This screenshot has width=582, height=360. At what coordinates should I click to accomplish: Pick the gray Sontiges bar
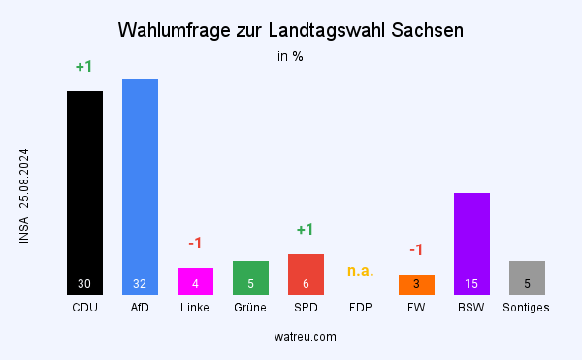pos(527,277)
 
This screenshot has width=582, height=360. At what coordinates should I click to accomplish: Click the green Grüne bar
pos(250,277)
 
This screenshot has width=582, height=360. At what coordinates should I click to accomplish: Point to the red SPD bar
pos(306,274)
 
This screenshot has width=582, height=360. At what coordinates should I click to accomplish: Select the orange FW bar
pos(416,283)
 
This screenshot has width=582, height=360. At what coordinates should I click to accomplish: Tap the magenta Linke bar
pos(195,280)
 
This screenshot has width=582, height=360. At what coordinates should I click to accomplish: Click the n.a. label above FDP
pos(361,270)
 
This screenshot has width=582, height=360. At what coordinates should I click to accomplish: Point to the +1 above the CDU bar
pos(84,67)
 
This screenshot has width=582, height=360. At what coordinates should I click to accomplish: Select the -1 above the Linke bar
pos(195,243)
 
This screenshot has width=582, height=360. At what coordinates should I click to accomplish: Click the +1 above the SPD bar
pos(306,230)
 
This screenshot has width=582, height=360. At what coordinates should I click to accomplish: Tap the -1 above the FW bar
pos(416,250)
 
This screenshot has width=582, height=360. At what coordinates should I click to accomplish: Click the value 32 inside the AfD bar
pos(140,284)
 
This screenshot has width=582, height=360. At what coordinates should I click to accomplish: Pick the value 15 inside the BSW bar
pos(471,284)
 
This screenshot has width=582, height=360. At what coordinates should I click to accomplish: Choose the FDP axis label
pos(361,308)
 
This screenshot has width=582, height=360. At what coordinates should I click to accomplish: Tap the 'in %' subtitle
pos(291,56)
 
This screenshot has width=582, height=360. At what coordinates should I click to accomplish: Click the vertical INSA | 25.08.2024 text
pos(24,196)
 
